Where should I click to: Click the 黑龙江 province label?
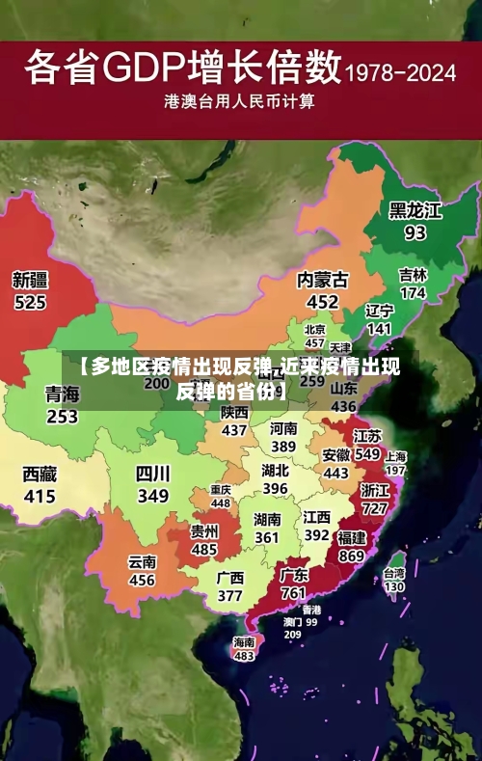point(415,210)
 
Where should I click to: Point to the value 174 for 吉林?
point(413,292)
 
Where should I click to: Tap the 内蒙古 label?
point(322,280)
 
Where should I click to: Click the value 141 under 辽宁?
point(379,329)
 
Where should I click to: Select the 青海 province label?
point(62,394)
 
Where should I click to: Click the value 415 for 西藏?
point(40,497)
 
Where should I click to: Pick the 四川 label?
point(152,474)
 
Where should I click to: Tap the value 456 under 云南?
point(142,580)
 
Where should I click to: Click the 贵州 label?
point(203,530)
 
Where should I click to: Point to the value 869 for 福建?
point(352,556)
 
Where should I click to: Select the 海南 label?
point(244,641)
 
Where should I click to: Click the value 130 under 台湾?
point(394,585)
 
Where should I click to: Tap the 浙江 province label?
point(375,489)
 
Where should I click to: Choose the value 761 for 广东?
point(294,592)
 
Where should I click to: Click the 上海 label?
point(395,456)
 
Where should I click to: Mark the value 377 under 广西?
point(229,595)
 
